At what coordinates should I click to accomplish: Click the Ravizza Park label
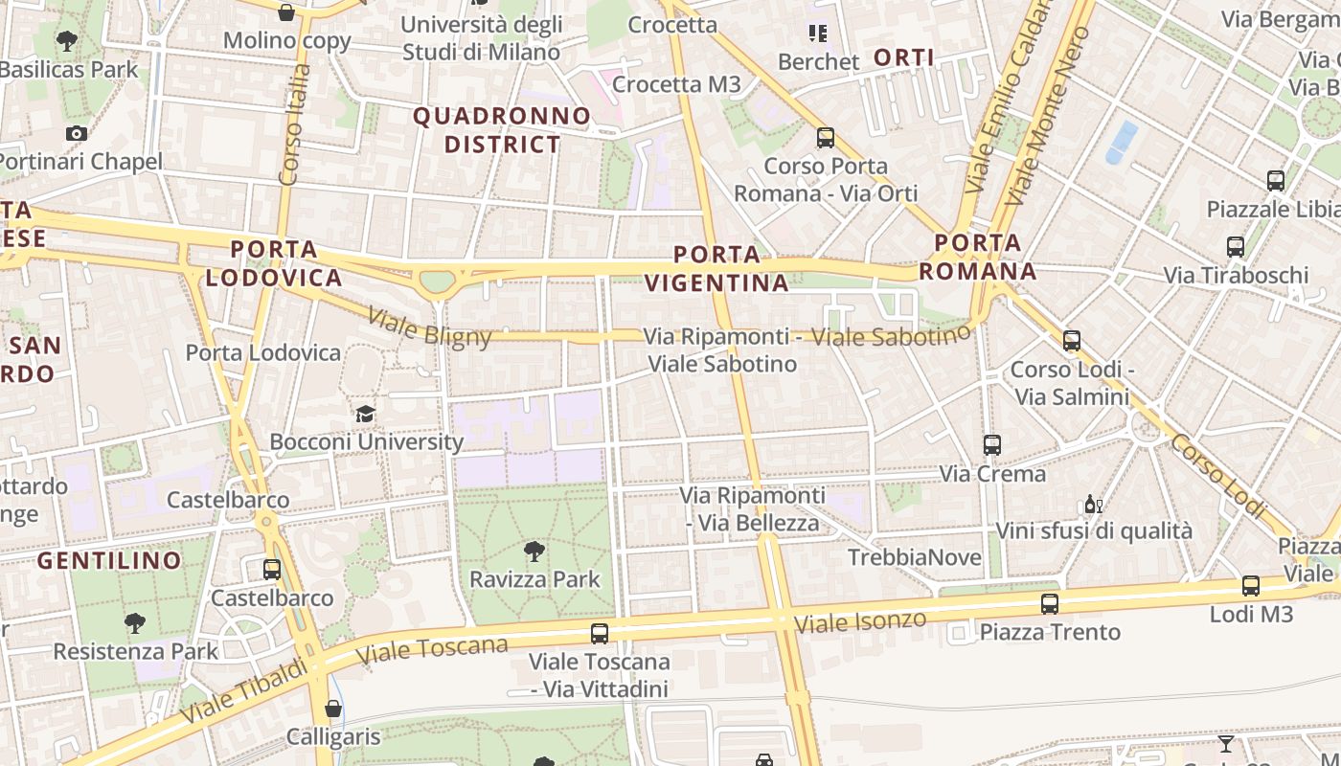[534, 579]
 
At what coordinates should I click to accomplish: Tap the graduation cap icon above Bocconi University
[365, 414]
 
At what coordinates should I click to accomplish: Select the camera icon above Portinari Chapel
[77, 133]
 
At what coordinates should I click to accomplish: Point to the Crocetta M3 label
[676, 84]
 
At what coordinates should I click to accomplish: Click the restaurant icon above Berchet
[817, 34]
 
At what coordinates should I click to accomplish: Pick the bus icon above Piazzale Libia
[1275, 180]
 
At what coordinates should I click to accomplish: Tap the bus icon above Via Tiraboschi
[1236, 246]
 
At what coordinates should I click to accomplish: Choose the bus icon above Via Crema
[992, 444]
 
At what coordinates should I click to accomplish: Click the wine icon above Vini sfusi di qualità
[1093, 504]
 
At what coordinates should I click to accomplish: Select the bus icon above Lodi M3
[1251, 586]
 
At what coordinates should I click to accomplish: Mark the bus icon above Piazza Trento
[1050, 603]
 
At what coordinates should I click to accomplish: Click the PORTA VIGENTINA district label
[716, 269]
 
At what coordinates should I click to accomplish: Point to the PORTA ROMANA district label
[978, 258]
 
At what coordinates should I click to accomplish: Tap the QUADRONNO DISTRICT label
[502, 130]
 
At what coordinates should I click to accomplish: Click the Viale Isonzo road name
[860, 621]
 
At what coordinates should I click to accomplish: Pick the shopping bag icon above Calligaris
[333, 709]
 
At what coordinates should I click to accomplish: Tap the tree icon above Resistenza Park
[135, 623]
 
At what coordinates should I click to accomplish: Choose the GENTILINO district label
[109, 560]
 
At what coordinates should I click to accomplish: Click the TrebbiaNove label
[914, 557]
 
